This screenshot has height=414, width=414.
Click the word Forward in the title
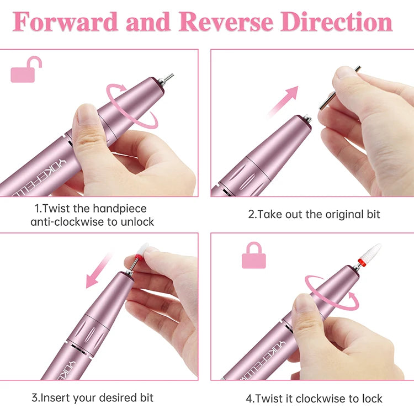[66, 22]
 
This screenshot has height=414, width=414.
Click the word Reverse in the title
[226, 22]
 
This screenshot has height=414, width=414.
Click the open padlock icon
[26, 70]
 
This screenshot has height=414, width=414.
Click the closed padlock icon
[253, 256]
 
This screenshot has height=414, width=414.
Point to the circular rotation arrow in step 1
[132, 105]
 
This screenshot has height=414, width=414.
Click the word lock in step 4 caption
[371, 398]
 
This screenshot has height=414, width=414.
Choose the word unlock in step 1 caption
[139, 221]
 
